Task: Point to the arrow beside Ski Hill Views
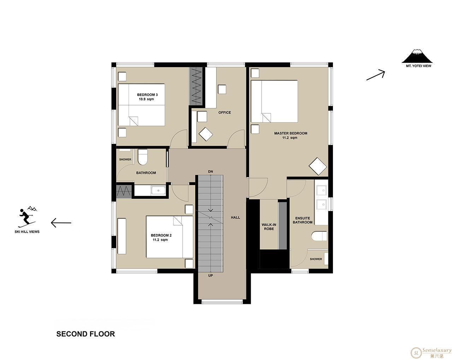[61, 223]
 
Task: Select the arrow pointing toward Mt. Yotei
[375, 75]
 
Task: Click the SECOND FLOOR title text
[86, 334]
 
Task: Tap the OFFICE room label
[225, 113]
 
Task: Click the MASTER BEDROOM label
[291, 133]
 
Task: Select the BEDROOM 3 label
[147, 95]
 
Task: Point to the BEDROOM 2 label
[161, 235]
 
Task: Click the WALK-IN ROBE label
[269, 227]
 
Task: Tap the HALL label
[236, 217]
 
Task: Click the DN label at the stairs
[210, 172]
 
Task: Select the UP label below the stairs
[210, 275]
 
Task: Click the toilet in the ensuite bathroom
[319, 236]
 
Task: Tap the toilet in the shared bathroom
[143, 157]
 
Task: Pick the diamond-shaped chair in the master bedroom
[318, 166]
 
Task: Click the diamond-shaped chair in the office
[206, 134]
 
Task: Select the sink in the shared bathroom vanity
[158, 191]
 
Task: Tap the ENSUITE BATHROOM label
[303, 220]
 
